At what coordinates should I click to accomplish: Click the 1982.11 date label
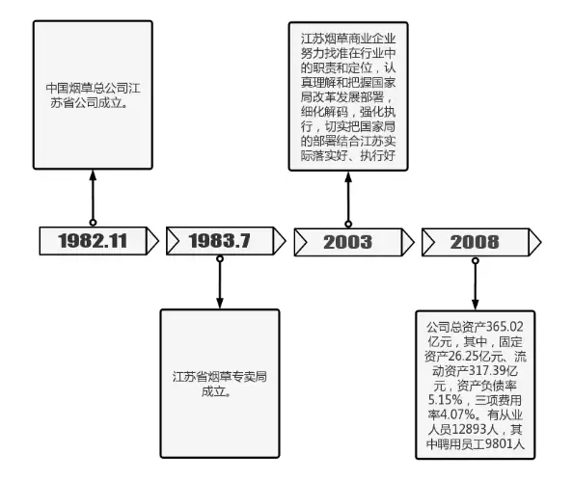pyautogui.click(x=93, y=241)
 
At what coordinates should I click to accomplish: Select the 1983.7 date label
pyautogui.click(x=219, y=241)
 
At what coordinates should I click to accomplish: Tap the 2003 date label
pyautogui.click(x=347, y=242)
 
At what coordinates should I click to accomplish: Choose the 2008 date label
pyautogui.click(x=475, y=242)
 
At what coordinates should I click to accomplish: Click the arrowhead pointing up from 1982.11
pyautogui.click(x=93, y=175)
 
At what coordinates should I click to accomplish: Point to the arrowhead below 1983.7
pyautogui.click(x=220, y=303)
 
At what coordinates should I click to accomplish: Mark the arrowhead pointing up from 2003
pyautogui.click(x=348, y=177)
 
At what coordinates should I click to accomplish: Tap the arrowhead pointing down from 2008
pyautogui.click(x=475, y=305)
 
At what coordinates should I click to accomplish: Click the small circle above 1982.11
pyautogui.click(x=93, y=223)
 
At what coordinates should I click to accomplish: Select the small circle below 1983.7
pyautogui.click(x=220, y=259)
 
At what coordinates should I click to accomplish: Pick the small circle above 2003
pyautogui.click(x=348, y=224)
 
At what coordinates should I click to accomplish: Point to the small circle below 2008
pyautogui.click(x=475, y=261)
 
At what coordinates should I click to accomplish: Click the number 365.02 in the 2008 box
pyautogui.click(x=505, y=327)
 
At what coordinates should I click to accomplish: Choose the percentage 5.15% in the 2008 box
pyautogui.click(x=446, y=400)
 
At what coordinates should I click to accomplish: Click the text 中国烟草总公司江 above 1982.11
pyautogui.click(x=93, y=88)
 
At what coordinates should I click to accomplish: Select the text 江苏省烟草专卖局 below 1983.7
pyautogui.click(x=220, y=377)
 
